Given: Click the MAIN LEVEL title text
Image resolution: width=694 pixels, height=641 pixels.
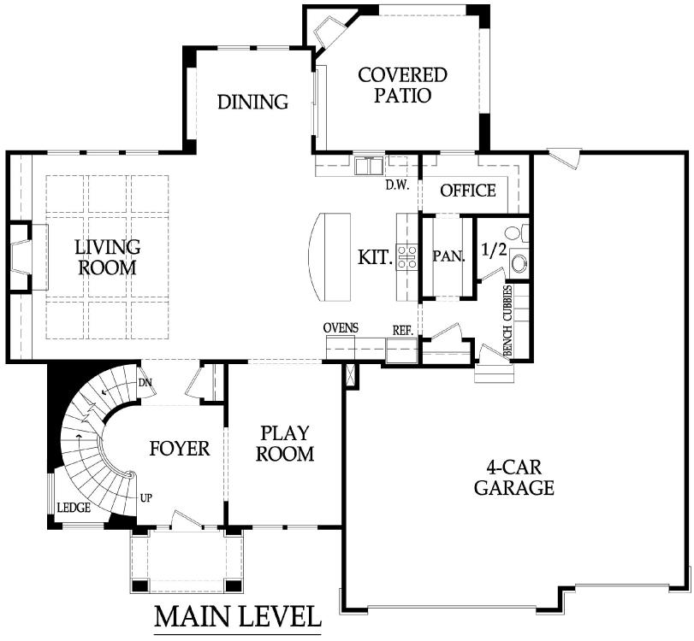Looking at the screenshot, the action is tap(237, 617).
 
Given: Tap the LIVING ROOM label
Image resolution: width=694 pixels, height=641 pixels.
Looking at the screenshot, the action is tap(108, 257).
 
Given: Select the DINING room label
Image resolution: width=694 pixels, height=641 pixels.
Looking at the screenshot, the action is tap(252, 102).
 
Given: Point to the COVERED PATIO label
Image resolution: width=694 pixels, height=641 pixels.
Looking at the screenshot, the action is tap(402, 85).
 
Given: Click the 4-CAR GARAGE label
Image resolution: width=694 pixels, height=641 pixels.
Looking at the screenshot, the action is tap(513, 478).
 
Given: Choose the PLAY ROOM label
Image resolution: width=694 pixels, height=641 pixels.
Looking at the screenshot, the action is tap(285, 444).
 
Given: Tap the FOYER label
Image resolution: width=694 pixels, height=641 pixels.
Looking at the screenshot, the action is tap(179, 448).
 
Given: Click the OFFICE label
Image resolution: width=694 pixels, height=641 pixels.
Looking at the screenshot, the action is tap(468, 191).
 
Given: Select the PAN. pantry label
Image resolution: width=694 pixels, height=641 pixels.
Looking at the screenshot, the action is tap(448, 256).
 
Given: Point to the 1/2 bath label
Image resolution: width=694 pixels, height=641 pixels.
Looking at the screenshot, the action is tap(494, 250).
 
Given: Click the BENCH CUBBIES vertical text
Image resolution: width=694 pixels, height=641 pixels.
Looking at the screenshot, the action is tap(507, 320).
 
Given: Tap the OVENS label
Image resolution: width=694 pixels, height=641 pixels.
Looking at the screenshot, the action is tap(341, 328).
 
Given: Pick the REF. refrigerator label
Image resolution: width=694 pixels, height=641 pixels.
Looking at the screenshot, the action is tap(403, 331).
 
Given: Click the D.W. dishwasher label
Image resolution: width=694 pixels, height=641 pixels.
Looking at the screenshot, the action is tap(397, 185).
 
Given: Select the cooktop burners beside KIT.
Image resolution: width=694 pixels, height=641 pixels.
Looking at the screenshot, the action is tap(407, 257).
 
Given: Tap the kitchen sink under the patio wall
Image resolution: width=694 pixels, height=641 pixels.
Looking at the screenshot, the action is tap(369, 165).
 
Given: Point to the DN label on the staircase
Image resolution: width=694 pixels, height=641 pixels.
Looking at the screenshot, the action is tap(145, 383).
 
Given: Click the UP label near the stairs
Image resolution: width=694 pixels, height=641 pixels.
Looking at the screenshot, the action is tap(146, 498).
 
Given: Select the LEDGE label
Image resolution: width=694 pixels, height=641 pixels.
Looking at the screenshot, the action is tap(74, 508).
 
